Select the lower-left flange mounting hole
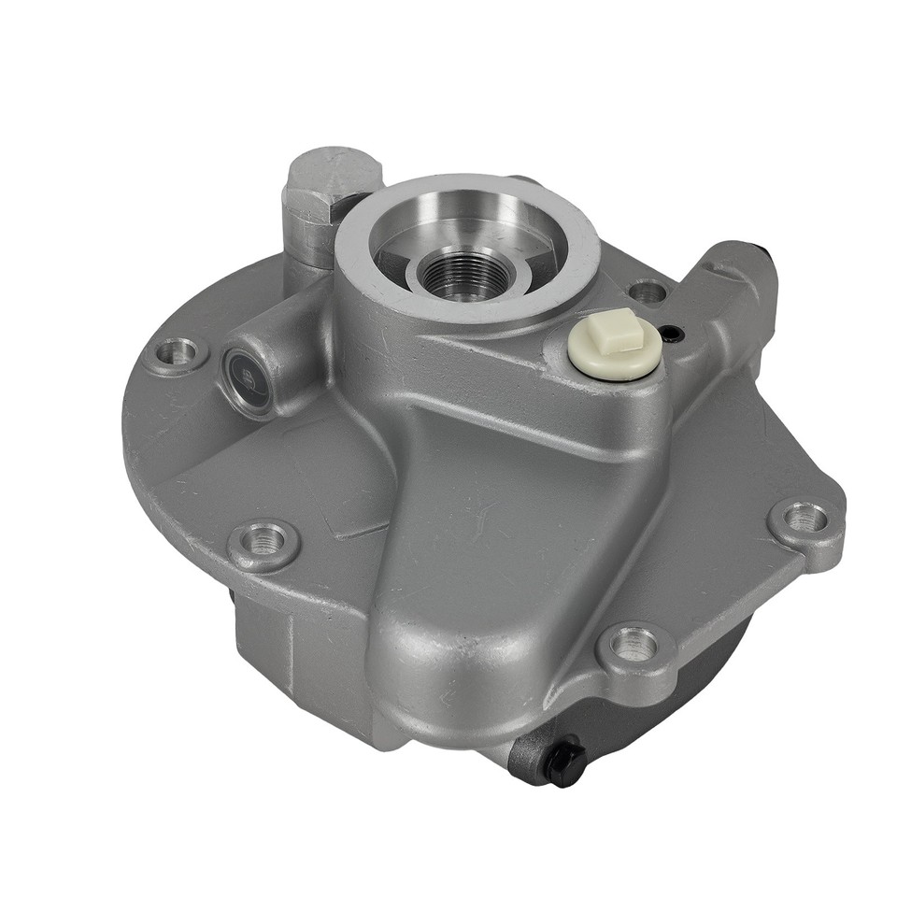pyautogui.click(x=263, y=541)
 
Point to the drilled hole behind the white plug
pyautogui.click(x=648, y=292)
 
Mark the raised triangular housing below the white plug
pyautogui.click(x=505, y=523)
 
